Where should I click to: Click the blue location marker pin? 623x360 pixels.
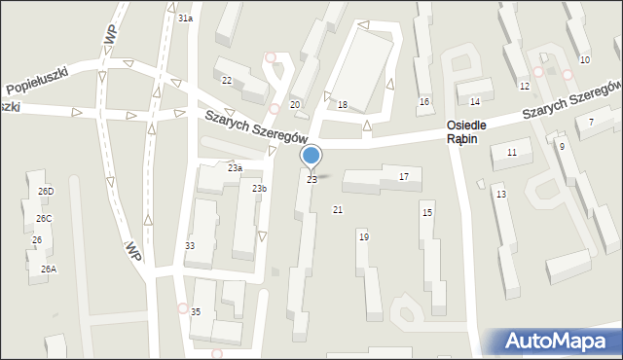(311, 156)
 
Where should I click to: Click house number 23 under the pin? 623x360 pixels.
(311, 180)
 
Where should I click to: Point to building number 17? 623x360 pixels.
(404, 176)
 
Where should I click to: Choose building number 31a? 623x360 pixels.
(185, 18)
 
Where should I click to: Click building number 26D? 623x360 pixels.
(46, 192)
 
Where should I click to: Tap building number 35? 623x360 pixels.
(196, 311)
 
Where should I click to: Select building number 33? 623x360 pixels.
(190, 246)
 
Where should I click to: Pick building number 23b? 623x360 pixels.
(259, 188)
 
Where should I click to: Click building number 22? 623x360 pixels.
(227, 81)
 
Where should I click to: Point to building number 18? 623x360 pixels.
(343, 104)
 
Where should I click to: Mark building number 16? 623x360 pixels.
(424, 101)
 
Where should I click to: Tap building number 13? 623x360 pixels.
(500, 195)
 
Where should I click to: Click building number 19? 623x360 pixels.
(363, 236)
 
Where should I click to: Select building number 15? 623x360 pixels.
(426, 212)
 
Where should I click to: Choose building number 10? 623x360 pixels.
(584, 60)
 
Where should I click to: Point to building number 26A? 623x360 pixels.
(48, 269)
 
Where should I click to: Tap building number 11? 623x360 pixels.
(511, 153)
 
